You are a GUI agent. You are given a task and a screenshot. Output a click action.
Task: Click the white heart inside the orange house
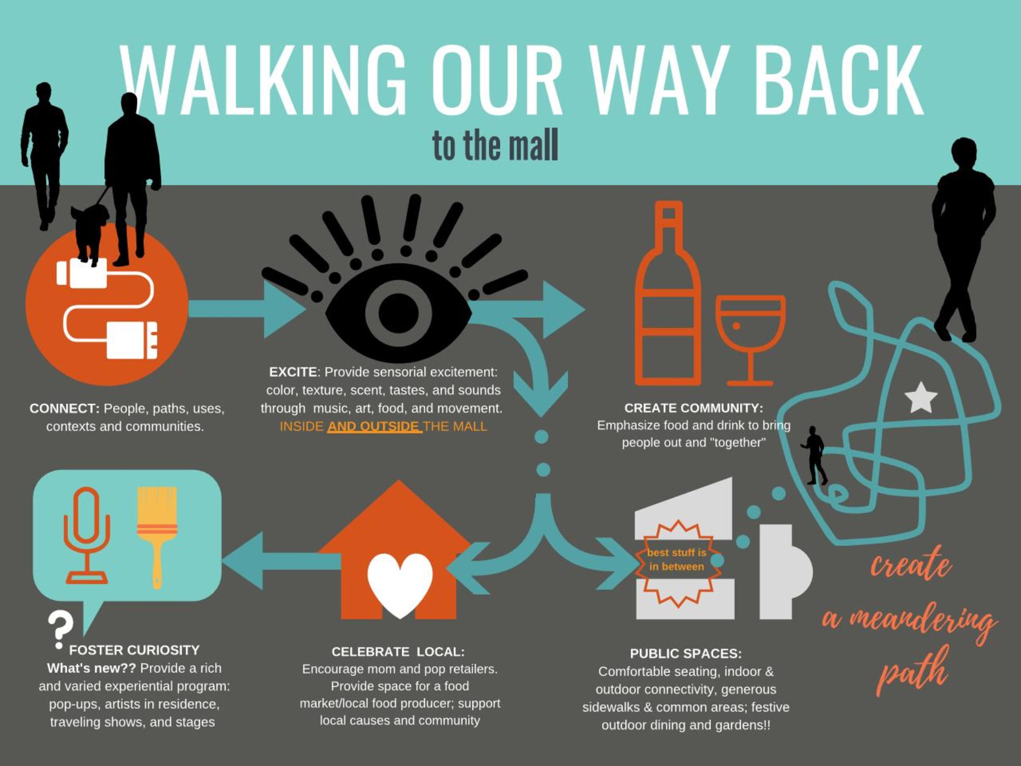400,583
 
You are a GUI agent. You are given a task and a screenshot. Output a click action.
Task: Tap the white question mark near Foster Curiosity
60,629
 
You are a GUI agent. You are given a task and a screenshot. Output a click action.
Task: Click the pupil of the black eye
398,312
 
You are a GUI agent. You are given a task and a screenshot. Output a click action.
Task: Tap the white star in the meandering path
921,398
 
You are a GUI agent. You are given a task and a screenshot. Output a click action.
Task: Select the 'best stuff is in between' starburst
677,560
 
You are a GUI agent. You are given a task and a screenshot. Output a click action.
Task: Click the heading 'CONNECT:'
65,409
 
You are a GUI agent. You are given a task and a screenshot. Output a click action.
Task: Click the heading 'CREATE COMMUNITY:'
693,408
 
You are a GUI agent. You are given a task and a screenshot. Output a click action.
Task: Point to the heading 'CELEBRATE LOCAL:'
398,651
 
